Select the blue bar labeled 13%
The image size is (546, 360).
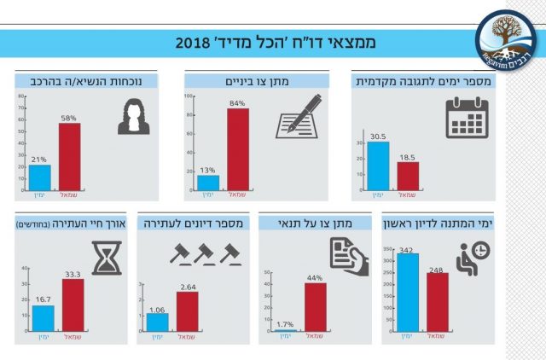click(x=208, y=182)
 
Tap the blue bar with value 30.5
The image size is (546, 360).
click(x=378, y=165)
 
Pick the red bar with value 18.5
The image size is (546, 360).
click(x=408, y=175)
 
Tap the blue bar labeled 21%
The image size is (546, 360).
click(x=39, y=176)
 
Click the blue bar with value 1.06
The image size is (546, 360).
click(x=157, y=322)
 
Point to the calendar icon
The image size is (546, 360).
click(x=470, y=119)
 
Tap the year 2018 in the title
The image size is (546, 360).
click(x=197, y=43)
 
